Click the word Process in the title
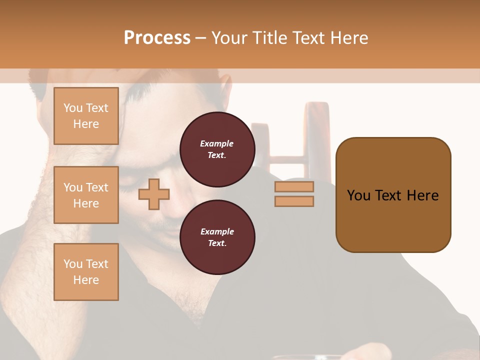[157, 38]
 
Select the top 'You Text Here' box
[86, 116]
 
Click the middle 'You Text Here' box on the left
[86, 195]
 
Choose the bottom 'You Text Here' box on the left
[86, 272]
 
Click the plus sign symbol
[154, 194]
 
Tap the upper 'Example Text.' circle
[217, 149]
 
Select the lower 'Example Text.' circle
[217, 237]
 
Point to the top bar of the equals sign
[294, 187]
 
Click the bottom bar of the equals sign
[294, 201]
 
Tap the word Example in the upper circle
[217, 144]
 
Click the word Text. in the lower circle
[217, 243]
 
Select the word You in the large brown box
[358, 195]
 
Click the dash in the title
[201, 38]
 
